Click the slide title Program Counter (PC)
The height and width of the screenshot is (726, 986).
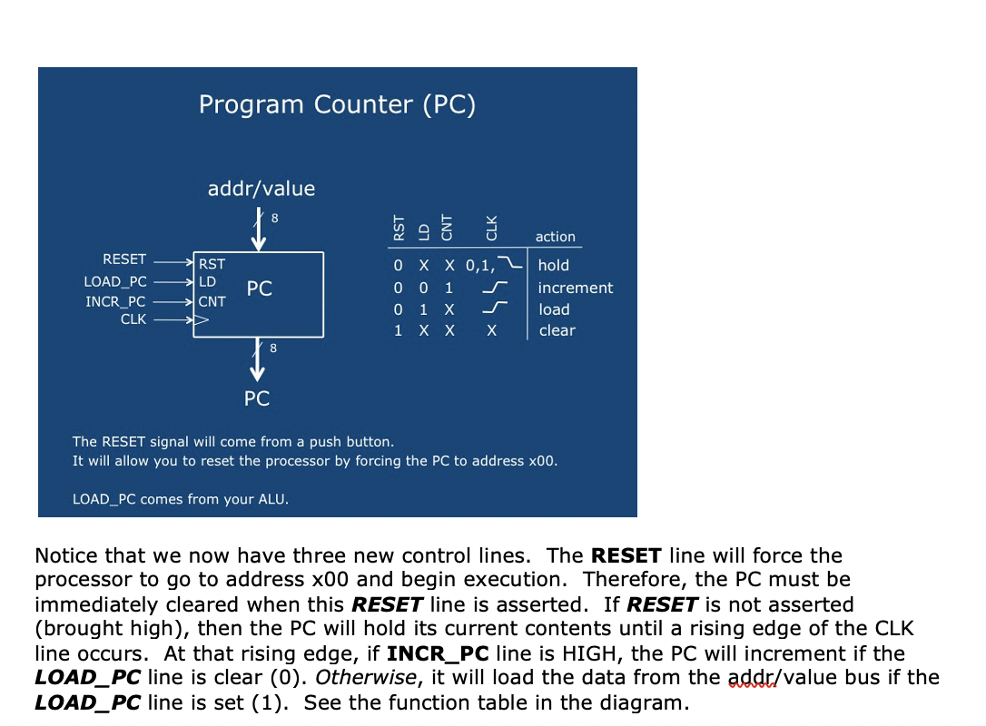(337, 104)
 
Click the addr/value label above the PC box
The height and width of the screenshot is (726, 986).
(261, 189)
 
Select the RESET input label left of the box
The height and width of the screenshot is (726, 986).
(124, 260)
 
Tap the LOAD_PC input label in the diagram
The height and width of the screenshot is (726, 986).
(115, 282)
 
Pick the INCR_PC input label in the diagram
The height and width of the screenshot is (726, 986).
(115, 301)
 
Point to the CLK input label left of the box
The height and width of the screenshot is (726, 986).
(133, 319)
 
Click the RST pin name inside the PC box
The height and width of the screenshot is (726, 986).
(212, 264)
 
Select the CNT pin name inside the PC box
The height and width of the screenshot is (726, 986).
(212, 301)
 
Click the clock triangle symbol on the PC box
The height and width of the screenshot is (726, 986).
(202, 320)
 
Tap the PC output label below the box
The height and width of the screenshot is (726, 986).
(257, 398)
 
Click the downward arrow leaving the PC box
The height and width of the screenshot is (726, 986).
(257, 359)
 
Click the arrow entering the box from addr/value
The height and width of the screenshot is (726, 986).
(259, 231)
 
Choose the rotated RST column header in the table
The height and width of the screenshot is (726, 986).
(399, 228)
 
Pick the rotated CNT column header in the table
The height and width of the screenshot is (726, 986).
(447, 228)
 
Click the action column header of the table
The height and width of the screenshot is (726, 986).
(556, 237)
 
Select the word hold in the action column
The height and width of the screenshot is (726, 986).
(553, 265)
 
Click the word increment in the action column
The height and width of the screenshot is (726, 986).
(576, 288)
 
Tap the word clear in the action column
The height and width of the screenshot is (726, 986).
(557, 330)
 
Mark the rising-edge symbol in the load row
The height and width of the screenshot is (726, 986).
(495, 308)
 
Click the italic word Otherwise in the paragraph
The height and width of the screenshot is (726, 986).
(366, 678)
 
